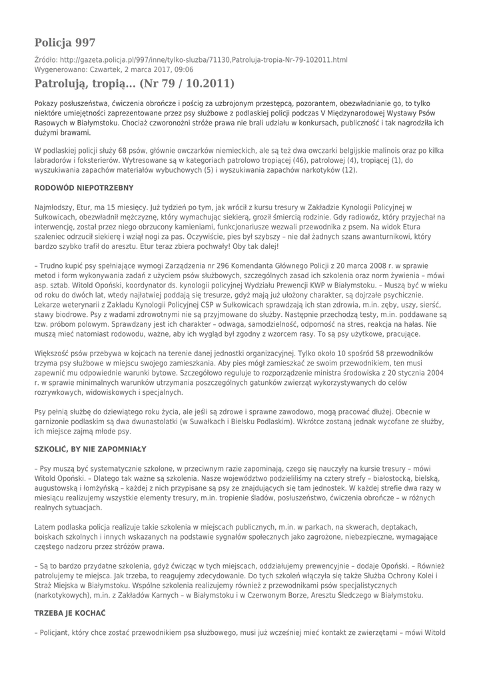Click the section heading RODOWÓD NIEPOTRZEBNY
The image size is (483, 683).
(83, 188)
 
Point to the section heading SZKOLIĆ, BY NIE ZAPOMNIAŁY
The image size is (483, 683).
(90, 450)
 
